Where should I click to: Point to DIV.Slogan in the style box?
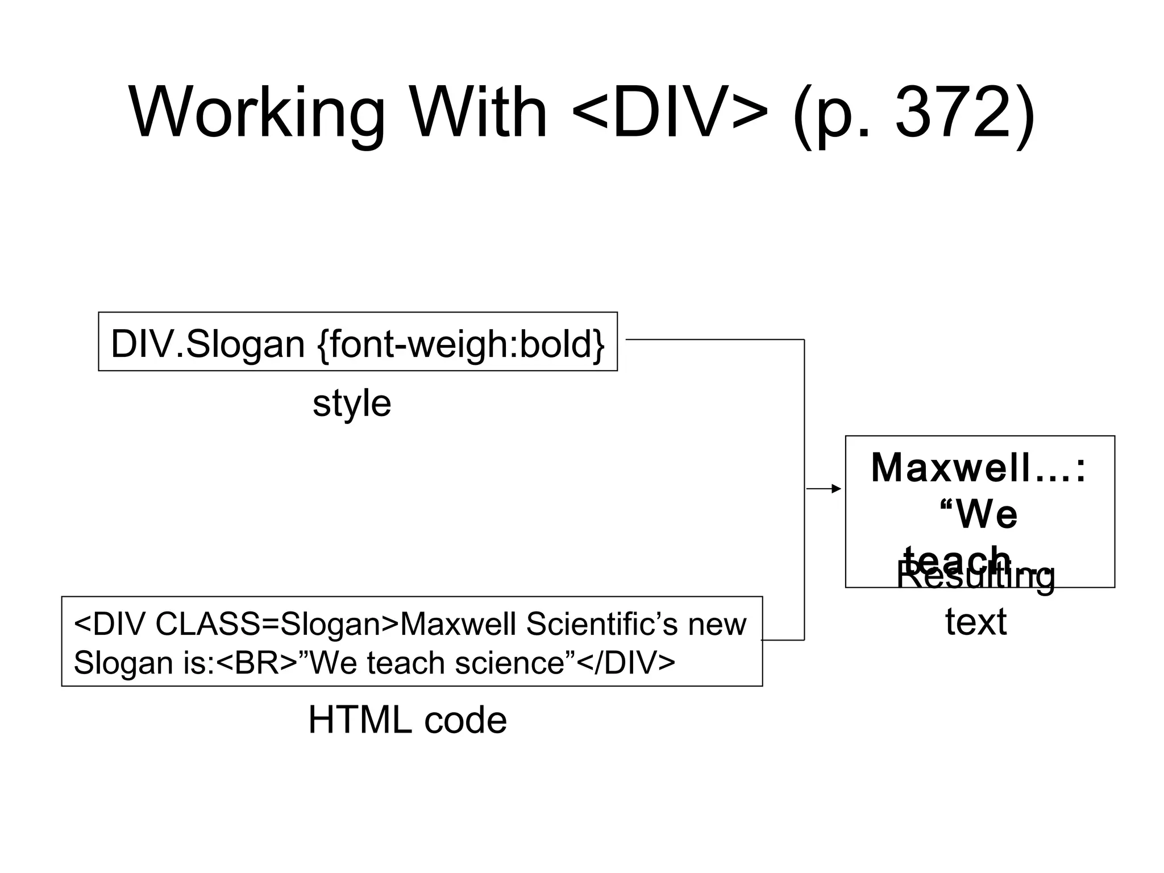tap(207, 344)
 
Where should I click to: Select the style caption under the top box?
tap(352, 404)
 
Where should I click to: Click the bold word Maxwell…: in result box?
tap(979, 468)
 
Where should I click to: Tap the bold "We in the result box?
tap(979, 514)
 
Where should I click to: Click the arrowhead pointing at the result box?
tap(836, 489)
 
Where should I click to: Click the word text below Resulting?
tap(976, 622)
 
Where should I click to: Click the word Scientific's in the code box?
tap(602, 625)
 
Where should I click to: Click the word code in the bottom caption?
tap(465, 720)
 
